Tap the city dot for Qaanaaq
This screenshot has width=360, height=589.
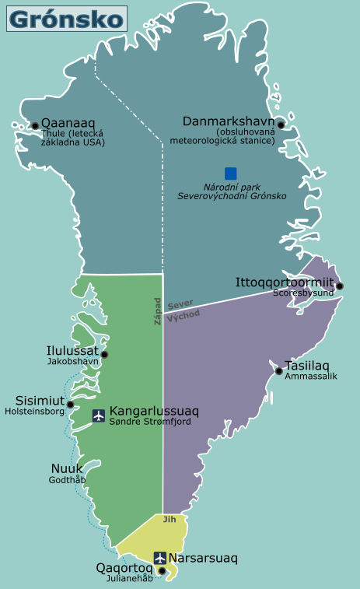pyautogui.click(x=35, y=125)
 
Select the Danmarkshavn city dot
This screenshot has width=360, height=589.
pyautogui.click(x=281, y=124)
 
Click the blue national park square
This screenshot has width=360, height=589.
pyautogui.click(x=231, y=174)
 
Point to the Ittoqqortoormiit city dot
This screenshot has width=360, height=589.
pyautogui.click(x=339, y=286)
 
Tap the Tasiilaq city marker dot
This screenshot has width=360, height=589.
pyautogui.click(x=279, y=371)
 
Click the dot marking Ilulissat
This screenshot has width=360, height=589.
pyautogui.click(x=104, y=355)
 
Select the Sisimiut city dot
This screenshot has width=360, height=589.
pyautogui.click(x=70, y=405)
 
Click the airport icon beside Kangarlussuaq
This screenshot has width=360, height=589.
pyautogui.click(x=99, y=415)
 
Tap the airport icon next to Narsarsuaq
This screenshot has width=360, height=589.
pyautogui.click(x=160, y=558)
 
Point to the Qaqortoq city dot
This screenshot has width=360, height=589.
pyautogui.click(x=162, y=571)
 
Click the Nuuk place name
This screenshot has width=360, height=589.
pyautogui.click(x=67, y=468)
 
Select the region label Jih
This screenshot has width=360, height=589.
pyautogui.click(x=170, y=520)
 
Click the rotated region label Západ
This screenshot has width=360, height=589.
pyautogui.click(x=157, y=310)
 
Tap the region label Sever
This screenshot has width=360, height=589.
pyautogui.click(x=180, y=303)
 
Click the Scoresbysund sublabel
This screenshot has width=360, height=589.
pyautogui.click(x=302, y=293)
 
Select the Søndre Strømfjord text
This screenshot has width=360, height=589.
pyautogui.click(x=150, y=422)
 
